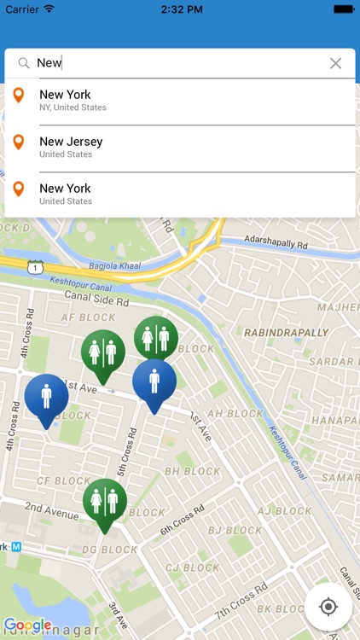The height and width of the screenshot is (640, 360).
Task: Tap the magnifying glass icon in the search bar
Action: (24, 63)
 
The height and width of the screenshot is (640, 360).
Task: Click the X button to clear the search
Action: (335, 63)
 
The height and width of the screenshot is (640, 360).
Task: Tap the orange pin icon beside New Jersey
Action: (19, 142)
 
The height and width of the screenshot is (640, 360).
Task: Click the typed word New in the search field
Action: (49, 63)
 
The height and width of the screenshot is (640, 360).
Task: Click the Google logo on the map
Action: (27, 625)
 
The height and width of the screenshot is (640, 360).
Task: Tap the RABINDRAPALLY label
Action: (286, 333)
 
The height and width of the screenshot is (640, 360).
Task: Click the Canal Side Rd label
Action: (96, 299)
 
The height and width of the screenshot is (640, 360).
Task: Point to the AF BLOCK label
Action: (89, 317)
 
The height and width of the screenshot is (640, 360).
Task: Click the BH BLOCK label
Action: (192, 471)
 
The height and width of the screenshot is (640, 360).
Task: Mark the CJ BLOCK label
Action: (193, 567)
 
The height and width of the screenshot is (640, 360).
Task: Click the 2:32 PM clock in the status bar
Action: (179, 9)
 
